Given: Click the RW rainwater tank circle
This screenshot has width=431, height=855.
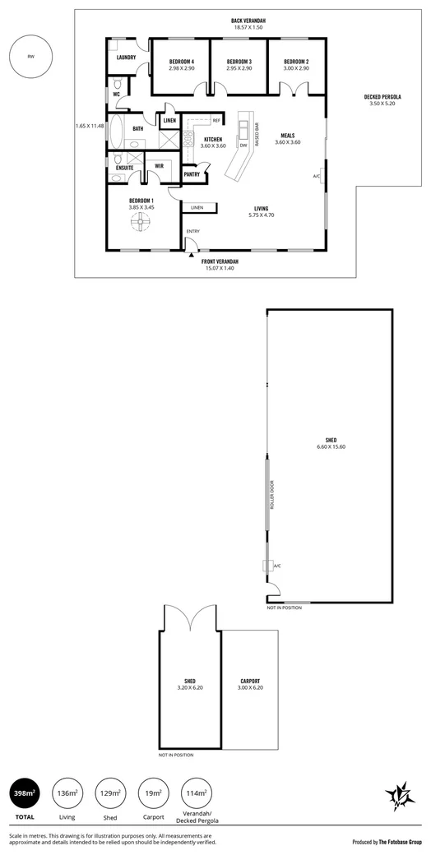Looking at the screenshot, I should tap(30, 57).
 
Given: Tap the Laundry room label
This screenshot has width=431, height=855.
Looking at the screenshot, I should tap(126, 58).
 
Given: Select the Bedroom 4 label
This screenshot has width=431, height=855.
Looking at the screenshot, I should tap(181, 62).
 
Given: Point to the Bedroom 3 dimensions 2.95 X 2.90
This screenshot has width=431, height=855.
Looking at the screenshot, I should tap(239, 69).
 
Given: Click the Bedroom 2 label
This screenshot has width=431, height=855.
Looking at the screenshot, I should tap(296, 62).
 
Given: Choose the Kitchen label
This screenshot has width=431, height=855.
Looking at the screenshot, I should tap(212, 140).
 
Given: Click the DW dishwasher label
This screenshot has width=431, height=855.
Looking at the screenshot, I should tap(243, 146).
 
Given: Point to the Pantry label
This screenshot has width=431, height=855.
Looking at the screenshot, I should tap(192, 174).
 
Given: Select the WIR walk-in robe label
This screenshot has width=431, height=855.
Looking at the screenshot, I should tap(160, 166).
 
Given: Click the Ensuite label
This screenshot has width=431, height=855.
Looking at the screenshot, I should tap(125, 167).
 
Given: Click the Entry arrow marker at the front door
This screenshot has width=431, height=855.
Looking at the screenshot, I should tap(192, 254).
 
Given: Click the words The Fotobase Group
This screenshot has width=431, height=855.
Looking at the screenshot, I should tap(401, 843).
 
